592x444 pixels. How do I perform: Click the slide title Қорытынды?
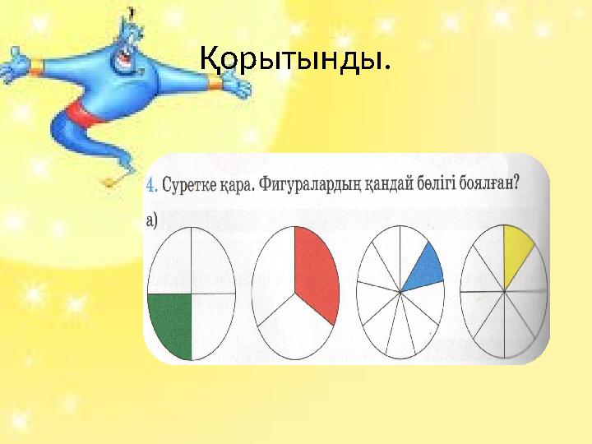click(x=295, y=58)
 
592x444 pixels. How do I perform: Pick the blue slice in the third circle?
click(x=423, y=267)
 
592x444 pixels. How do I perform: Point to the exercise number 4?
click(x=151, y=186)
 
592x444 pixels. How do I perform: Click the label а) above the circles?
click(x=153, y=219)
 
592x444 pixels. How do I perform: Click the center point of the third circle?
click(x=400, y=291)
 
